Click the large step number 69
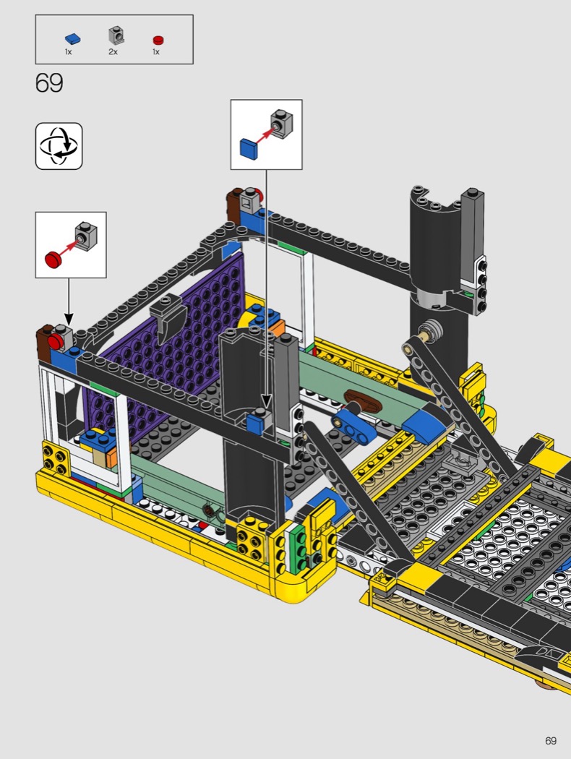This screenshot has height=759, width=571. click(49, 83)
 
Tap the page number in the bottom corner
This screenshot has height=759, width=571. click(550, 741)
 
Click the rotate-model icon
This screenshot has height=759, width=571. click(59, 146)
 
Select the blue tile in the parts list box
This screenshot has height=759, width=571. click(72, 39)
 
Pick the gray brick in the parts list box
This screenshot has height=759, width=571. click(116, 35)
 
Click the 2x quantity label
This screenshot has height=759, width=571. click(113, 52)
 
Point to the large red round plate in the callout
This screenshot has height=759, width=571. click(54, 259)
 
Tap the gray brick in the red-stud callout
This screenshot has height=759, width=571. click(85, 236)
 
